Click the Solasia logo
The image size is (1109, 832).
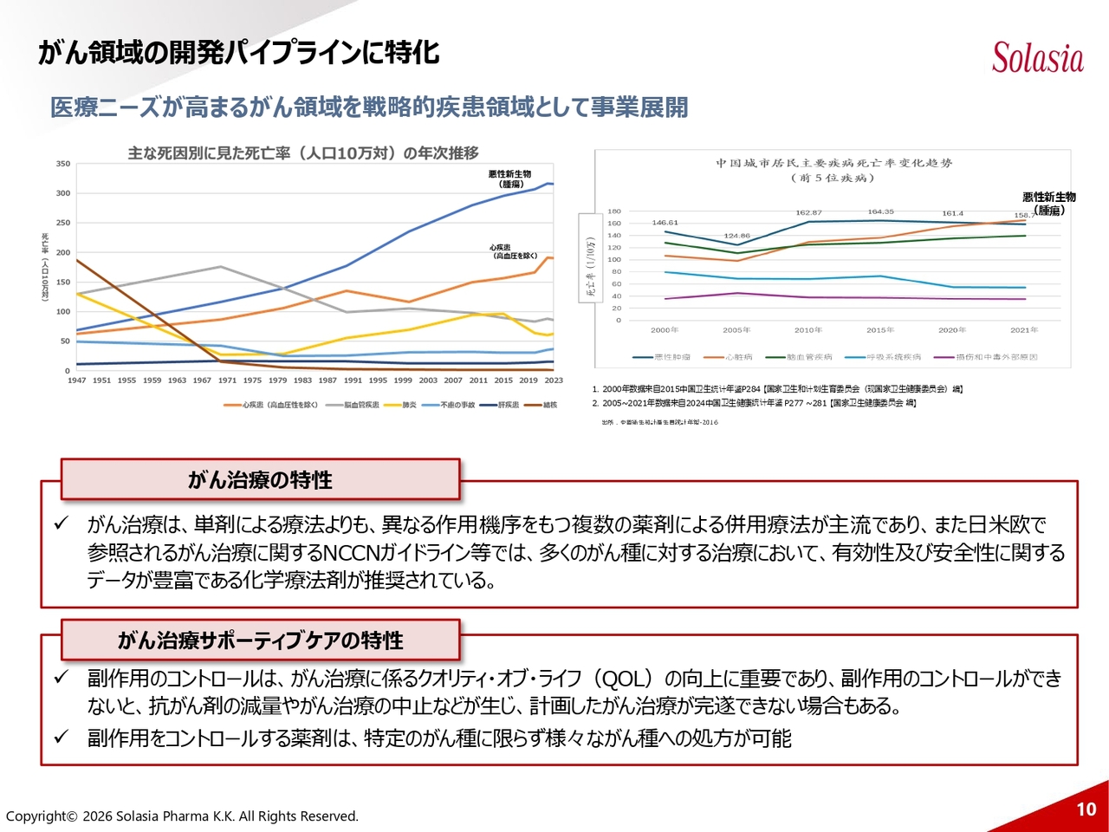1037,58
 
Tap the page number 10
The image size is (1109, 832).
1086,809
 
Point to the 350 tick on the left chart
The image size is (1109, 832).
63,164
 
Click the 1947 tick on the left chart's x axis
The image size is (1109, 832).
76,380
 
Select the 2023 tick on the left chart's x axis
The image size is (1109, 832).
553,380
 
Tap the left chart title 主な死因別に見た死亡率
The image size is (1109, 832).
303,153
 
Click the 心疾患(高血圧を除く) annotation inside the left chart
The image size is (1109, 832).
514,251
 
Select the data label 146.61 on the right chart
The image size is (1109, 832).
665,223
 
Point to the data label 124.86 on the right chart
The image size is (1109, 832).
736,236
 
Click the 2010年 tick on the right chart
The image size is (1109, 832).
808,330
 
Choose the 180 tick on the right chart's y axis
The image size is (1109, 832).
613,211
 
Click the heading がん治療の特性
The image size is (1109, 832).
260,480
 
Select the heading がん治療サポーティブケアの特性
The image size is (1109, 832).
260,640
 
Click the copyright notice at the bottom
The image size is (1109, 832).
182,816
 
